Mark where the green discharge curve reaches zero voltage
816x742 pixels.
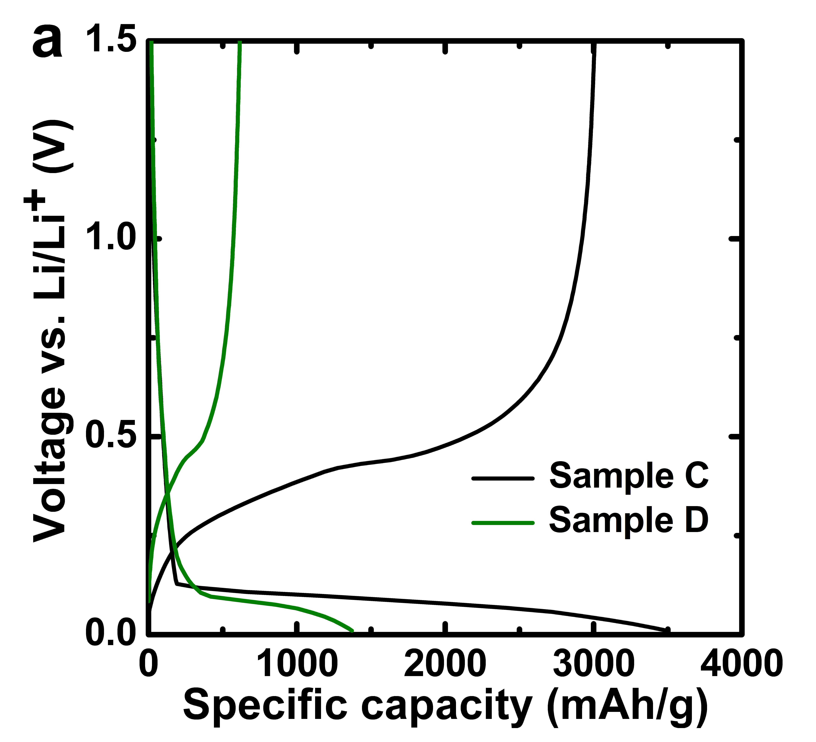[x=353, y=630]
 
